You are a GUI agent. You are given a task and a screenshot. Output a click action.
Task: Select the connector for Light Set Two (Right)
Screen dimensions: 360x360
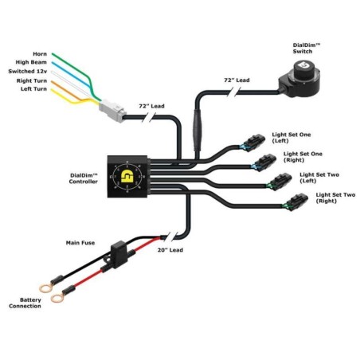pyautogui.click(x=292, y=204)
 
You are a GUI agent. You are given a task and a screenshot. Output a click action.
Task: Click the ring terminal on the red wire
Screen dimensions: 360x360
pyautogui.click(x=57, y=299)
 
